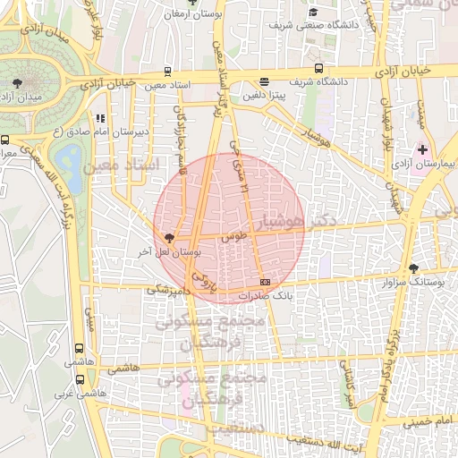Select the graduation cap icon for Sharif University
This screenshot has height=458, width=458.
[313, 12]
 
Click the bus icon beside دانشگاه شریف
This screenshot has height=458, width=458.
[319, 68]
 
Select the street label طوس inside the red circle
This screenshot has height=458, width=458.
[233, 237]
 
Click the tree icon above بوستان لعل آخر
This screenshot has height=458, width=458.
[169, 238]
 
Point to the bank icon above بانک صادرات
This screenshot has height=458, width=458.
[264, 283]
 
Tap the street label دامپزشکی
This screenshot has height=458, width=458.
[169, 291]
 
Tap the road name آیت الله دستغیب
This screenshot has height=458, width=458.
[355, 445]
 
